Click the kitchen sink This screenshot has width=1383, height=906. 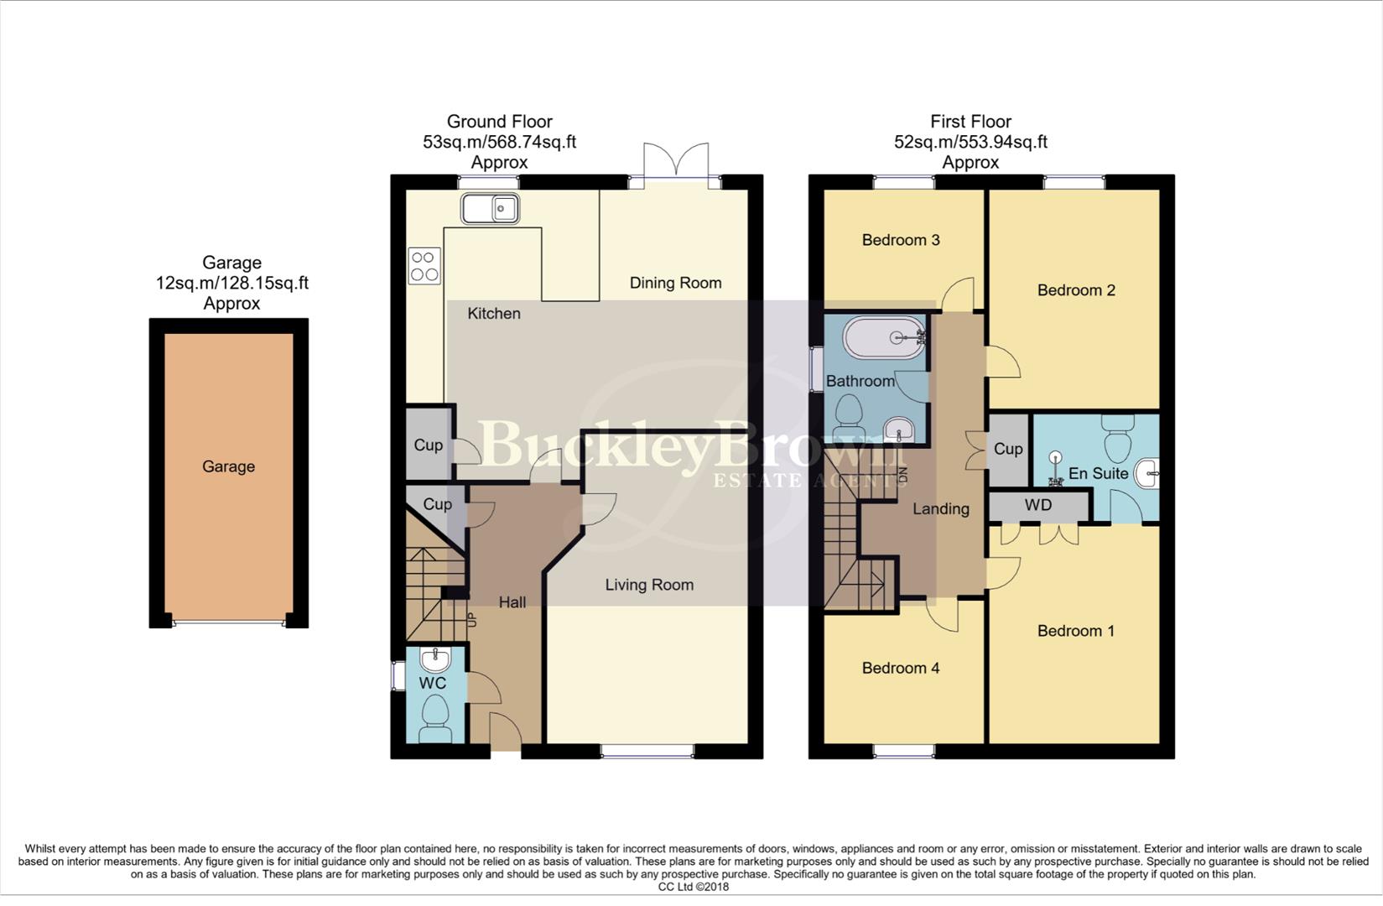point(490,209)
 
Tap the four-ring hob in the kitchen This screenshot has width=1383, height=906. point(424,266)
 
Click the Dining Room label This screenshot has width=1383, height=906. point(675,284)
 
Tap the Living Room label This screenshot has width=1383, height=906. point(649,586)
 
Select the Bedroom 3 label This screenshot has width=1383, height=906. point(900,241)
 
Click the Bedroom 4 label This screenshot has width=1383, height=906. point(900,669)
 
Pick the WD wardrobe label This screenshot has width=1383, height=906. point(1037,506)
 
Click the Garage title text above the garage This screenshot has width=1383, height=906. point(231,263)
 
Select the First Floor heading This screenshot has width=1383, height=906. point(970,122)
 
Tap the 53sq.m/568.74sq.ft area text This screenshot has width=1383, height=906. point(499,143)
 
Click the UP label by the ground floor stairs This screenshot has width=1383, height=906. point(471,621)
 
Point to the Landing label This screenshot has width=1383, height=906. point(940,509)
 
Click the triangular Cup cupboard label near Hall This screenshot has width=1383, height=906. point(437,504)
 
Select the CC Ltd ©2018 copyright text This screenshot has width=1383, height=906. point(693,887)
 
